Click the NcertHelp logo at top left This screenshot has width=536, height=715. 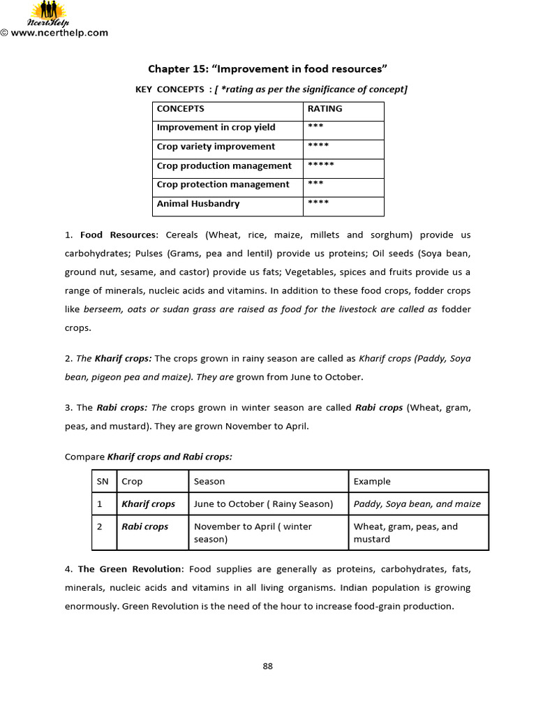[47, 13]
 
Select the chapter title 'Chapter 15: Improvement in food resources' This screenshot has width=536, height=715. [267, 68]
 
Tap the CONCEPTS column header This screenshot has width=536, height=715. [181, 109]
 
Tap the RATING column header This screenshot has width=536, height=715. [325, 109]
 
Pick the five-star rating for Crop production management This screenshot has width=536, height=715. [321, 166]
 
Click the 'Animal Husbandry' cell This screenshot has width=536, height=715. [198, 204]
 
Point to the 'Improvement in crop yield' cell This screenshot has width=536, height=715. [216, 128]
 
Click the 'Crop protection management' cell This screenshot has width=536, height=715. [223, 185]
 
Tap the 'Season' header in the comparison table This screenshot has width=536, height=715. [209, 482]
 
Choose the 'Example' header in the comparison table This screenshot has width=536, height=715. [372, 482]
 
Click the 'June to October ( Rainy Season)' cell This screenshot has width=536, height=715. [263, 504]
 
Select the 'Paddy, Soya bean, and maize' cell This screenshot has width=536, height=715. [417, 504]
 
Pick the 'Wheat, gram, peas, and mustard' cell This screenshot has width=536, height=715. [405, 533]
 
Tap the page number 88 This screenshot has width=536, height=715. [267, 666]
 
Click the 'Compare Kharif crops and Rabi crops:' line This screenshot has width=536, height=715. [149, 457]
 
